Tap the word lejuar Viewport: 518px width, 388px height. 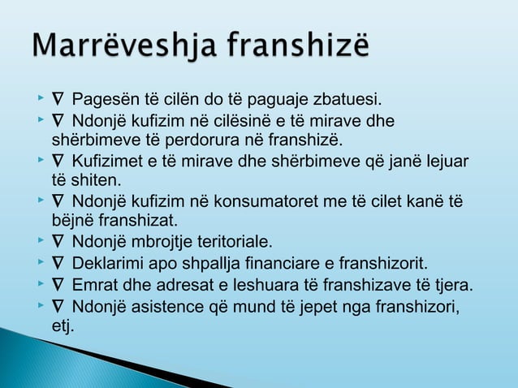tap(446, 162)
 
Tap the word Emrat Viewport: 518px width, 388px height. tap(93, 286)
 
